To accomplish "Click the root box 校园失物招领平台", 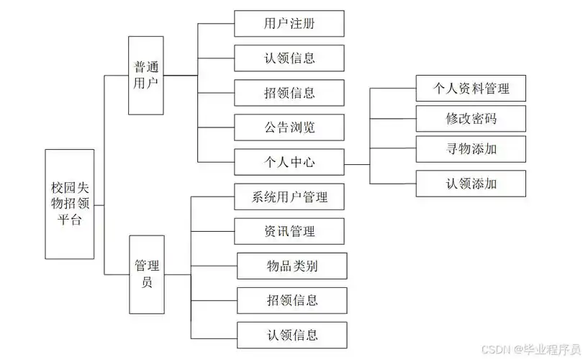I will (x=69, y=204).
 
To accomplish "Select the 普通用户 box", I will (x=145, y=76).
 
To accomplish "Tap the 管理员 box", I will (x=145, y=274).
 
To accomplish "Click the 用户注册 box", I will (x=289, y=23).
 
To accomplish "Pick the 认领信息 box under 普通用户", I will (x=289, y=58).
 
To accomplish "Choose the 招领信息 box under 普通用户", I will (x=289, y=93).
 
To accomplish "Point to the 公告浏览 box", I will (x=289, y=128).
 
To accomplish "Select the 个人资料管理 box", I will (x=471, y=88).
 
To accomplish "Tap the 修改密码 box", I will (x=471, y=119).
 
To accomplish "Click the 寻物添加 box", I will (x=471, y=150).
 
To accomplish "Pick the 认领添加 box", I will (x=471, y=184).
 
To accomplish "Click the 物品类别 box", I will (x=291, y=266).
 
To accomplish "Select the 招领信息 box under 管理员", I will (x=291, y=300).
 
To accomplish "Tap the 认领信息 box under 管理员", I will (x=291, y=335).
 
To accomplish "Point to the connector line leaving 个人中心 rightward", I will (x=357, y=164).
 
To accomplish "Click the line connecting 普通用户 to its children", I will (x=180, y=76).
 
